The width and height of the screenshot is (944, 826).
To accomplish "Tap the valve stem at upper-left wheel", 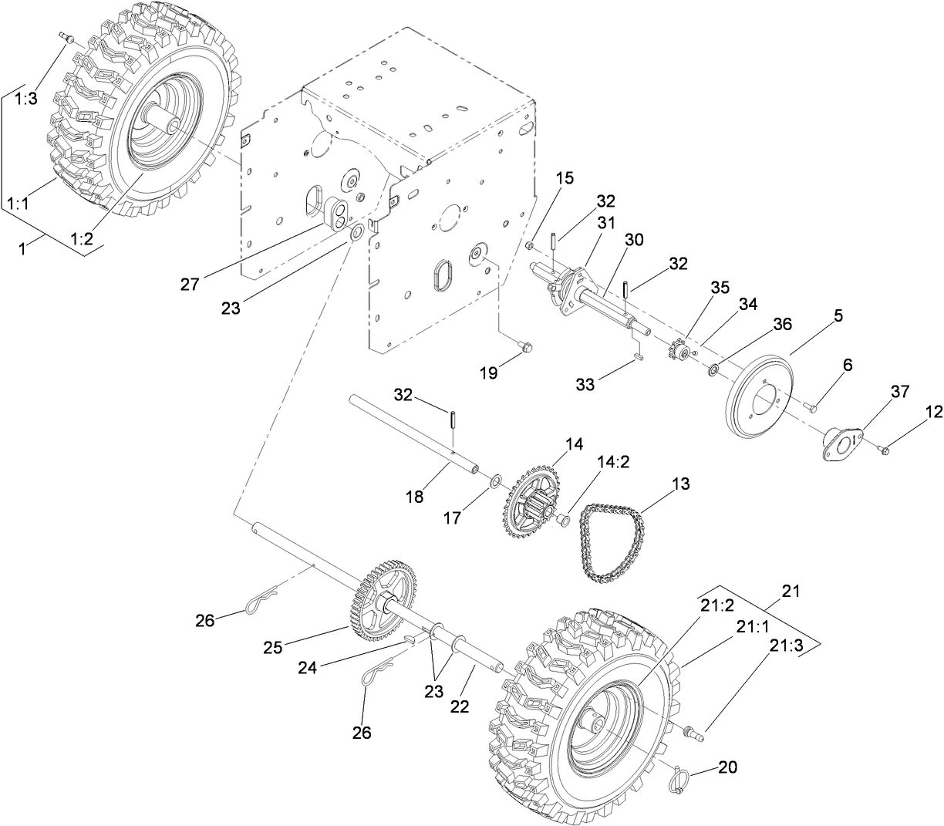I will tap(65, 37).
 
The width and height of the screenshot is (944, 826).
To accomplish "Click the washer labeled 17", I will tap(493, 484).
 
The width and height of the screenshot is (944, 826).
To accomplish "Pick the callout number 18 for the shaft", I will tap(414, 497).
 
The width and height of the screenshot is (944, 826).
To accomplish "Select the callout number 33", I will tap(585, 383).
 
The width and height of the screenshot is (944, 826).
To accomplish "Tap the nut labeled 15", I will tap(530, 245).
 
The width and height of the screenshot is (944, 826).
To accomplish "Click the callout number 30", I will tap(633, 240).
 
